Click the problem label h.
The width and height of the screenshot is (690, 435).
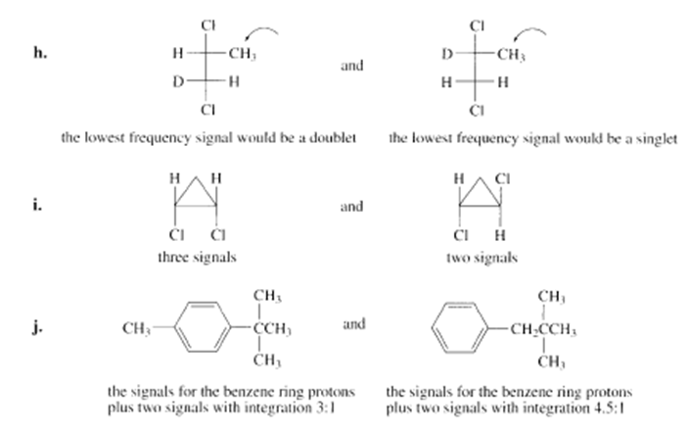pyautogui.click(x=40, y=53)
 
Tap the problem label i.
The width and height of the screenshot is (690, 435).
pyautogui.click(x=37, y=205)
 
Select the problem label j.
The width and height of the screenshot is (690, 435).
pyautogui.click(x=38, y=327)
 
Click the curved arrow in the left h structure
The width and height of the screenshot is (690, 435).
pyautogui.click(x=261, y=31)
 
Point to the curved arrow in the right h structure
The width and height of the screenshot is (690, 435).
pyautogui.click(x=529, y=31)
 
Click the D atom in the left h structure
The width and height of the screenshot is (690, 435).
pyautogui.click(x=178, y=81)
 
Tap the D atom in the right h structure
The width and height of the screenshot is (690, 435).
pyautogui.click(x=447, y=54)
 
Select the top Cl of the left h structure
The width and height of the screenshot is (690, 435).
pyautogui.click(x=208, y=25)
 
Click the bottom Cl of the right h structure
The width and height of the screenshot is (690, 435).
pyautogui.click(x=477, y=111)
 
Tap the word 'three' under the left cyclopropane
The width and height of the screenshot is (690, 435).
pyautogui.click(x=171, y=257)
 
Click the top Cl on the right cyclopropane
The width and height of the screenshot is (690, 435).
pyautogui.click(x=502, y=178)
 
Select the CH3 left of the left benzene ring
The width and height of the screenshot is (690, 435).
pyautogui.click(x=136, y=328)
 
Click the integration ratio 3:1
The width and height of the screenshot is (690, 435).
pyautogui.click(x=325, y=408)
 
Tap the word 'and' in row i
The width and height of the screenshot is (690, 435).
pyautogui.click(x=351, y=206)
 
